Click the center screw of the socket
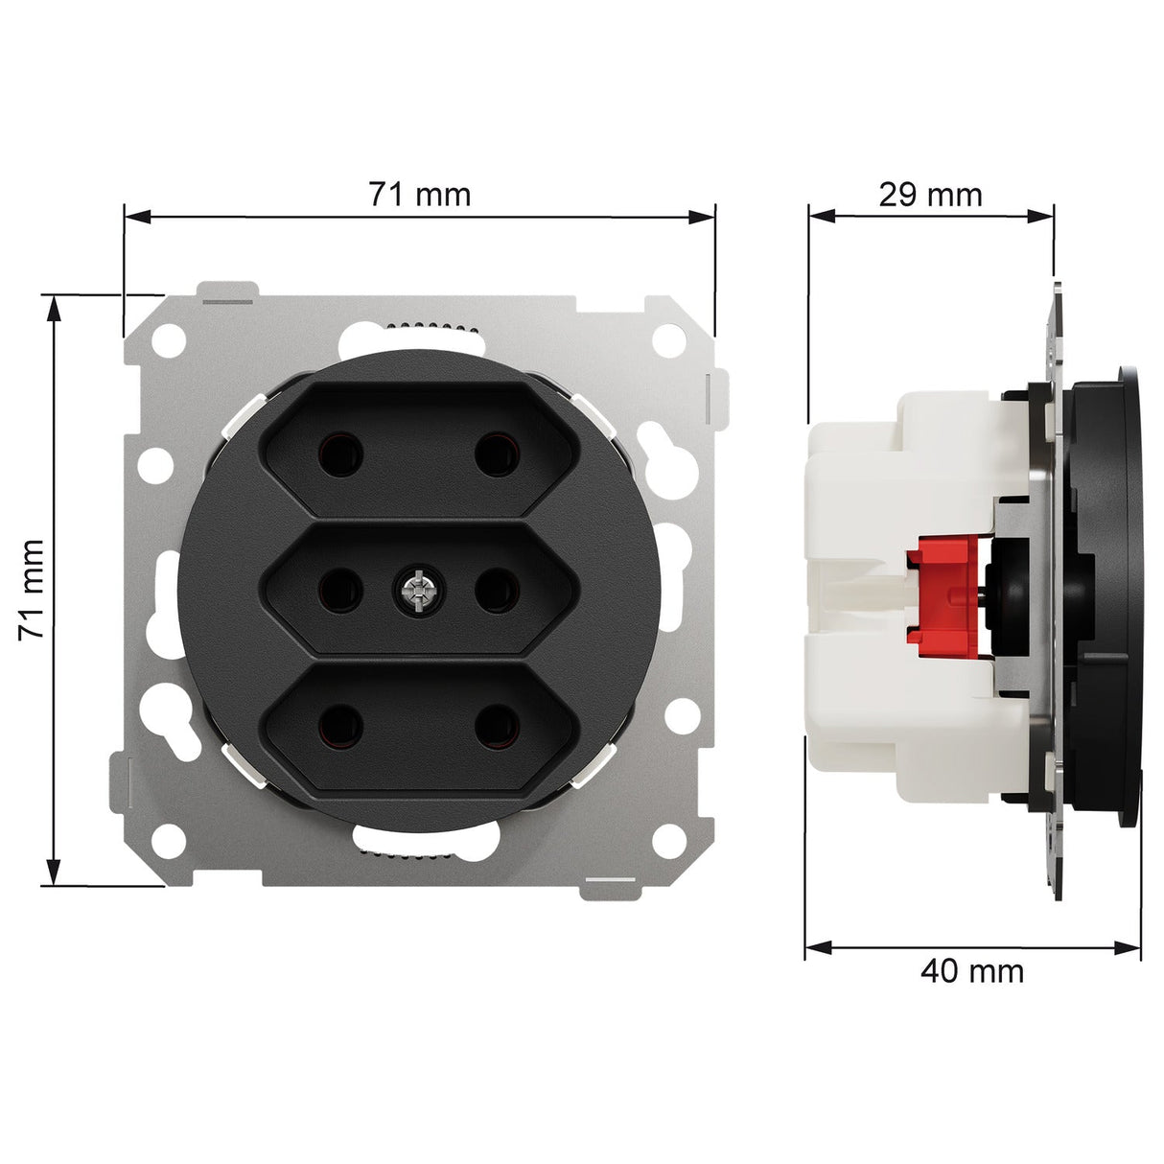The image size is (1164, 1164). tap(417, 591)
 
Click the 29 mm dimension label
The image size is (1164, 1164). tap(931, 195)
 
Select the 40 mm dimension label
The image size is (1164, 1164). tap(972, 972)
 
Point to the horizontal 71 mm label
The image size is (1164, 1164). tap(419, 195)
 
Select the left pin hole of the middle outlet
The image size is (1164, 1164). tap(341, 591)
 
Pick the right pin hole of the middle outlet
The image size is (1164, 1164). tap(496, 591)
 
